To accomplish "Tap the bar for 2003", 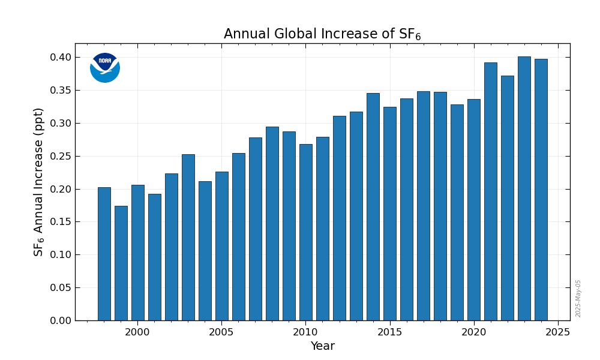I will (x=188, y=237).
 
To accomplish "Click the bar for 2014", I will (x=373, y=207).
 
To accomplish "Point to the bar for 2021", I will (x=491, y=191).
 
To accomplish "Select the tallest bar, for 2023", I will (x=524, y=188).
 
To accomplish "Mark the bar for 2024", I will (x=541, y=190).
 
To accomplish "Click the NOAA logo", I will (x=105, y=67).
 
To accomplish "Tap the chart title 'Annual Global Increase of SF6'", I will (x=322, y=34).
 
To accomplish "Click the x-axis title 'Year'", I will (x=322, y=346).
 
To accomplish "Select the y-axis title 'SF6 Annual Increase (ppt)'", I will (x=39, y=182).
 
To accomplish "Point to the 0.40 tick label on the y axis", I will (x=60, y=58).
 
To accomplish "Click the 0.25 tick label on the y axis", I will (x=60, y=156).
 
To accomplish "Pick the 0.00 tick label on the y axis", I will (x=60, y=320).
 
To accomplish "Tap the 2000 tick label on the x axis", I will (x=137, y=332).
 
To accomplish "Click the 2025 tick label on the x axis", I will (x=558, y=332).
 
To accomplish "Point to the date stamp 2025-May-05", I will (x=578, y=298).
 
